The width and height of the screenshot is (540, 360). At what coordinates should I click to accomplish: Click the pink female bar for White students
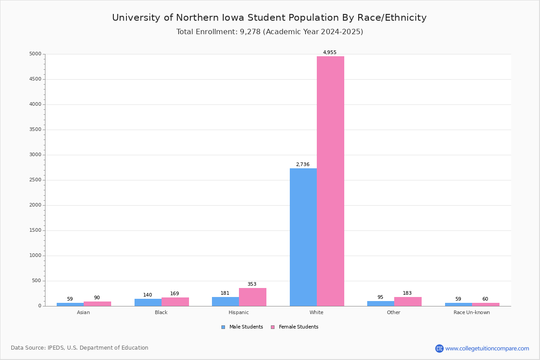(x=330, y=181)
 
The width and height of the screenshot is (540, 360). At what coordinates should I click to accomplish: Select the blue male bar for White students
(x=303, y=237)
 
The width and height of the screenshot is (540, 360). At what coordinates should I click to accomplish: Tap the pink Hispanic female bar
(x=252, y=297)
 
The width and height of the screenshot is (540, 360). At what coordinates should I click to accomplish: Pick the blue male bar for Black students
(x=148, y=302)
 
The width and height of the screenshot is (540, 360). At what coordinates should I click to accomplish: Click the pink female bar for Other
(x=408, y=301)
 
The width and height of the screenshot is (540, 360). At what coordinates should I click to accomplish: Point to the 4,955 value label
(x=329, y=52)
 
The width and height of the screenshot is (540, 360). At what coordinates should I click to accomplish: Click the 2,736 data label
(x=302, y=164)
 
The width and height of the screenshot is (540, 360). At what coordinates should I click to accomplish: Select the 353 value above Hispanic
(x=252, y=284)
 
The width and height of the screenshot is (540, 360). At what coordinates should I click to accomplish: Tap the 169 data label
(x=175, y=293)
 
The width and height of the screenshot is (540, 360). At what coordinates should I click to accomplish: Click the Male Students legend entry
(x=242, y=327)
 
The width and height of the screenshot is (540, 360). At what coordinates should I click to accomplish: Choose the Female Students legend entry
(x=294, y=327)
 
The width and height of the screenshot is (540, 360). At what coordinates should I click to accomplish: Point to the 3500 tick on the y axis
(x=35, y=130)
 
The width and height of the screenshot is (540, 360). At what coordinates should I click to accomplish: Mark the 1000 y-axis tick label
(x=35, y=256)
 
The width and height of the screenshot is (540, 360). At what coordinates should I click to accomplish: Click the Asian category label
(x=83, y=312)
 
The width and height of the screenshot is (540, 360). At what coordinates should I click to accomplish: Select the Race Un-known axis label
(x=472, y=312)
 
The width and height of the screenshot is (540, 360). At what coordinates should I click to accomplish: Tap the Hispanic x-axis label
(x=238, y=312)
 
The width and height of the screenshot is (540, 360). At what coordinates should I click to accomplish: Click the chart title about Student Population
(x=269, y=18)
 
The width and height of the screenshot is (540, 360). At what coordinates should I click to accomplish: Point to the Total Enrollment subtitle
(x=270, y=32)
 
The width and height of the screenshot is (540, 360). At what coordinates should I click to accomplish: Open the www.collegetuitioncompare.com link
(x=487, y=348)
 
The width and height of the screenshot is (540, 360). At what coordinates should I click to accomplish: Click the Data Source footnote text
(x=80, y=348)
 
